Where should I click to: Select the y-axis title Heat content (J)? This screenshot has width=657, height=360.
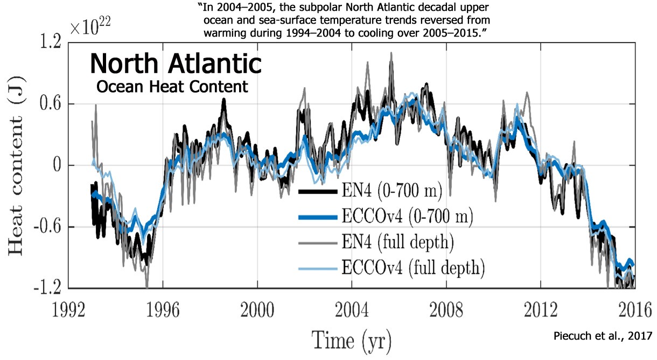click(x=17, y=165)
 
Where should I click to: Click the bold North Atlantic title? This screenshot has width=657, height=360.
click(x=176, y=64)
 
